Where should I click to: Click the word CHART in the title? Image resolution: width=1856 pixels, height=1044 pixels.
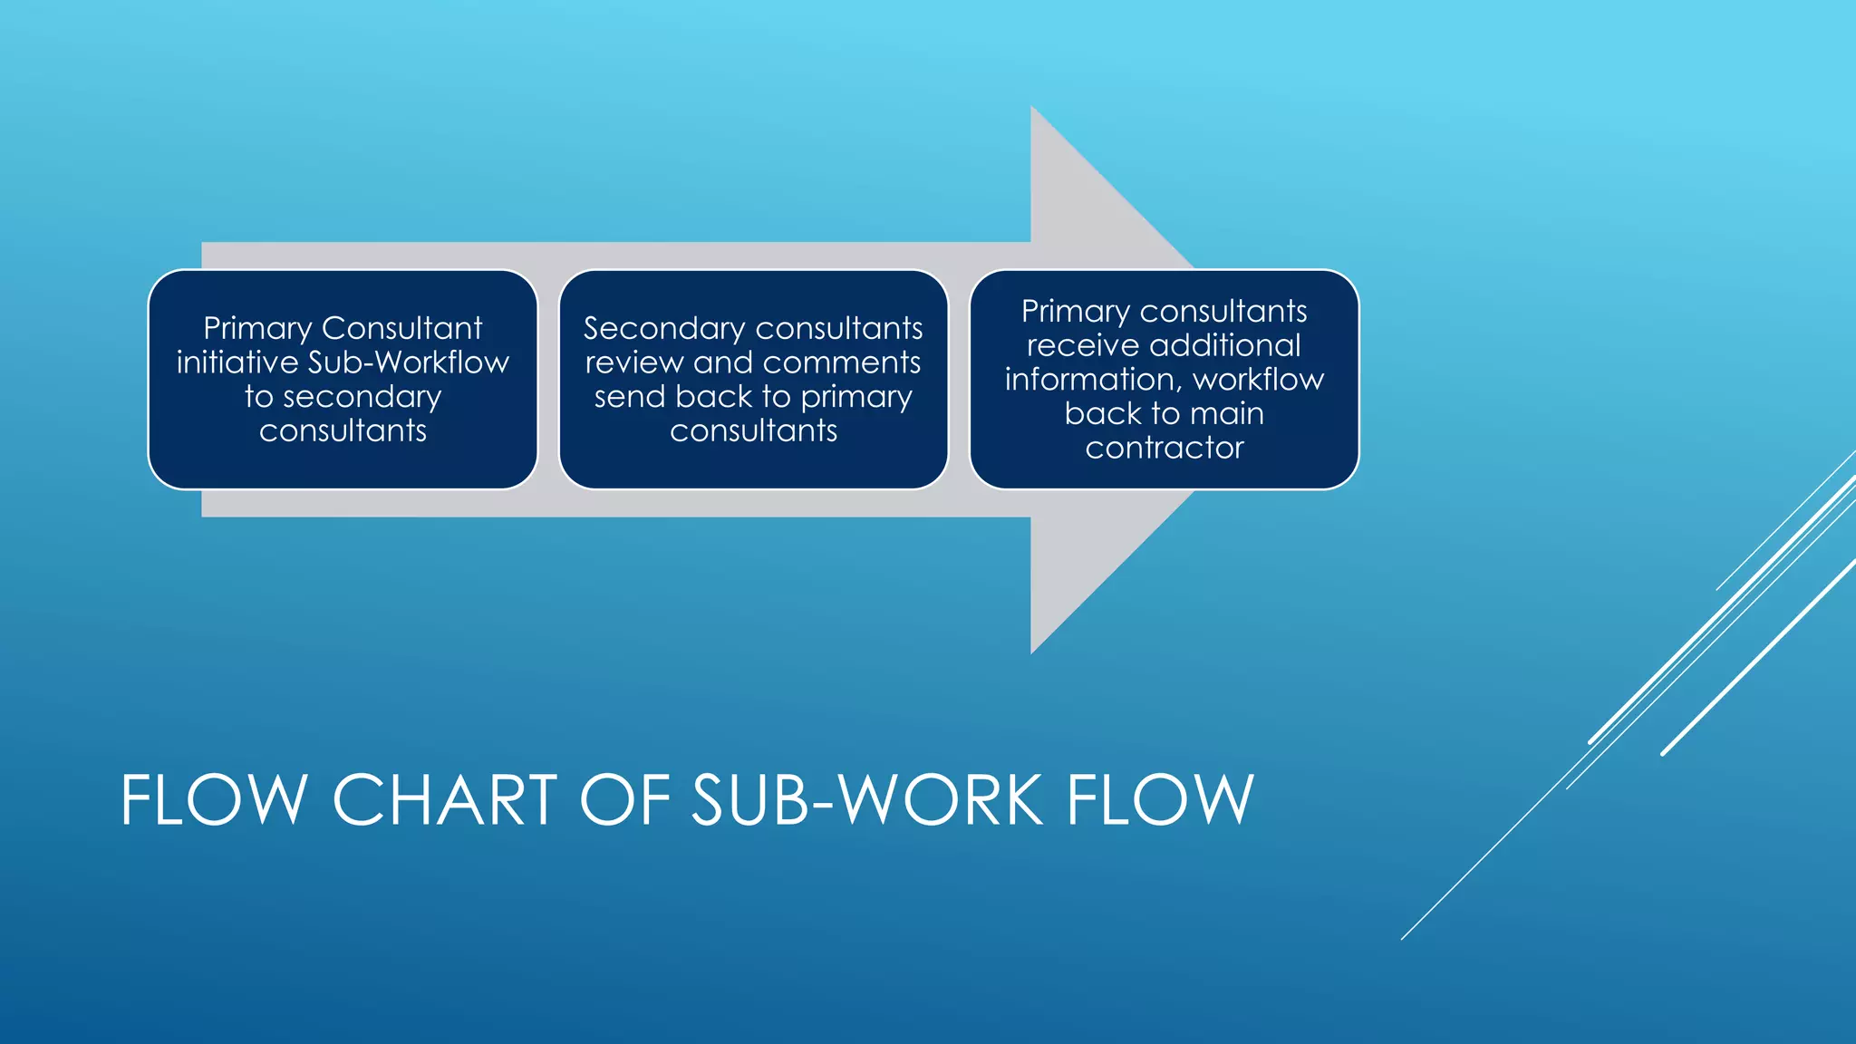tap(445, 800)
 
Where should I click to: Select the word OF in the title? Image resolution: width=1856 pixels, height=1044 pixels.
tap(624, 800)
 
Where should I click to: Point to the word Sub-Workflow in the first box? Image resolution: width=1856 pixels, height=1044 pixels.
tap(409, 362)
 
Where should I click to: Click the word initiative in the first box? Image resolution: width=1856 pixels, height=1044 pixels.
tap(237, 362)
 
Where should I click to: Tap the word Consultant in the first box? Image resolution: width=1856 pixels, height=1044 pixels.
tap(401, 328)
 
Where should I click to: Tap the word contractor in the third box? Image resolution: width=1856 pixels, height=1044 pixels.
tap(1165, 448)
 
